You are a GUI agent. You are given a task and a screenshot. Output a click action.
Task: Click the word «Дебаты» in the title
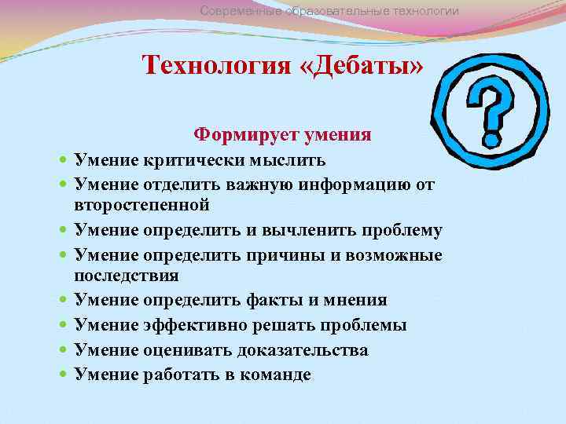(x=361, y=64)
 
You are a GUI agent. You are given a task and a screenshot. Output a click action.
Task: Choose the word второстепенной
(x=141, y=206)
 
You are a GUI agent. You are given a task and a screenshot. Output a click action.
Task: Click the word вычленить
(x=312, y=231)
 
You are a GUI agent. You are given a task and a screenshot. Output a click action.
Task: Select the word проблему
(x=402, y=231)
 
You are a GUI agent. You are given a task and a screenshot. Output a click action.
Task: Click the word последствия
(x=126, y=276)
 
